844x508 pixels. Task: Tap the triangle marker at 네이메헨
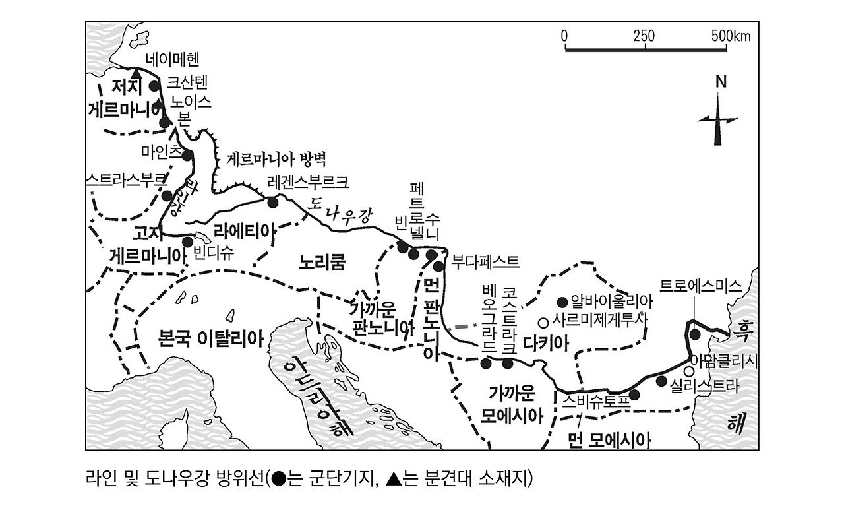136,74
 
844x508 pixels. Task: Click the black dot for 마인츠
187,156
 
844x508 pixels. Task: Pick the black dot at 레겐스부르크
272,201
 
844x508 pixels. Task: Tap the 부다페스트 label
485,261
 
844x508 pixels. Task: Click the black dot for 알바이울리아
562,302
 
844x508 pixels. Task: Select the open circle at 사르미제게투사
543,323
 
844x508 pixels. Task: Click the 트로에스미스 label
701,286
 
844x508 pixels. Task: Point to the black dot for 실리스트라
661,381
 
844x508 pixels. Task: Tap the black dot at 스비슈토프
634,395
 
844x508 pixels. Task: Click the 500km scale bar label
731,36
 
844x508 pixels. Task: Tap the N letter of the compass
721,82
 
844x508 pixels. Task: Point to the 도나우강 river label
342,211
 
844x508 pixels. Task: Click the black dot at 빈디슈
188,241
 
